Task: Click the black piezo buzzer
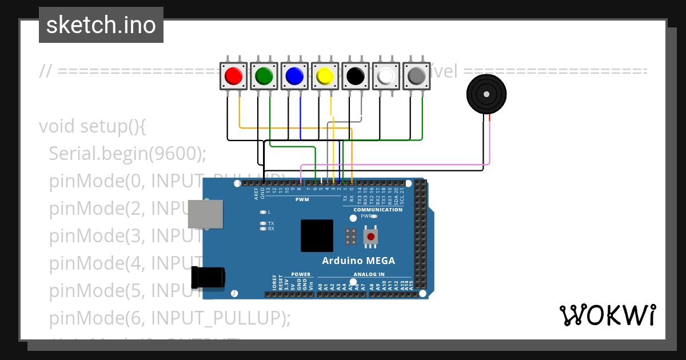click(486, 94)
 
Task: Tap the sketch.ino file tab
click(101, 25)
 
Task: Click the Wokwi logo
click(607, 315)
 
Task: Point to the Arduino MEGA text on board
click(358, 261)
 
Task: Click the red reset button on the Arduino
click(371, 236)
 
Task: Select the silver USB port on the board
click(205, 214)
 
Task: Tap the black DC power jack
click(208, 277)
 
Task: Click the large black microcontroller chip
click(317, 235)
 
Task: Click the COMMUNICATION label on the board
click(377, 210)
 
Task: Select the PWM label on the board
click(302, 200)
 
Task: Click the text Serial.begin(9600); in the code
click(127, 153)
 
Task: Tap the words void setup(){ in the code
click(93, 126)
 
